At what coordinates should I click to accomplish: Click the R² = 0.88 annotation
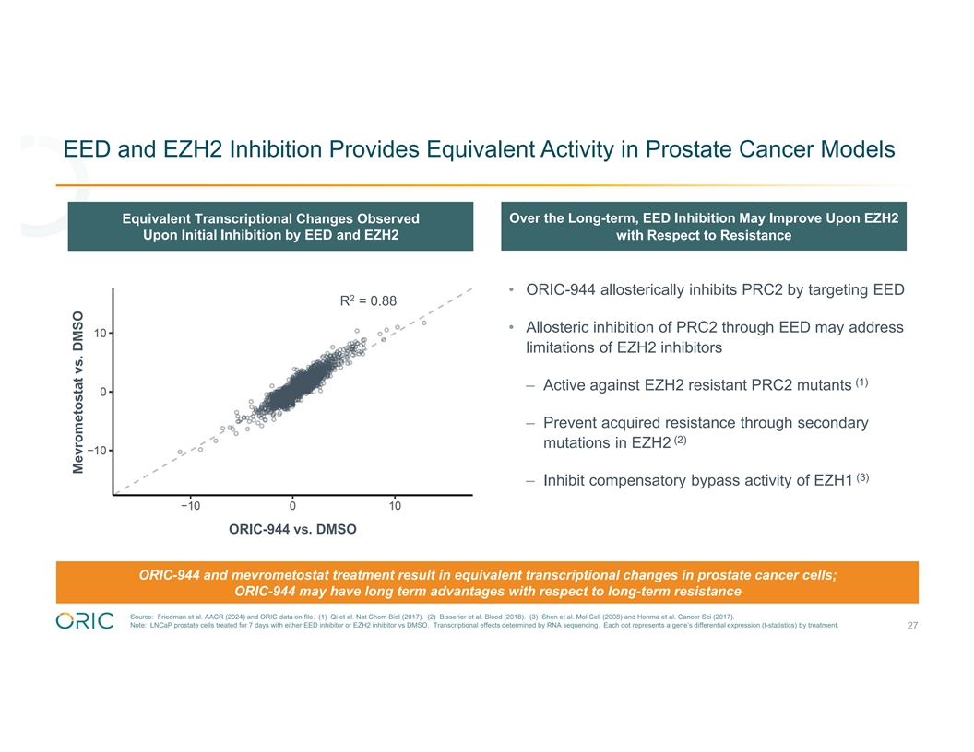pos(368,300)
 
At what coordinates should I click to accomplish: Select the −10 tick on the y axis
pos(97,450)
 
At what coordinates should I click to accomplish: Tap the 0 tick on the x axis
pos(292,505)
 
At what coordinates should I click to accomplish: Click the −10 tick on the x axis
pos(190,505)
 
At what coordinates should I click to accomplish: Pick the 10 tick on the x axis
pos(395,505)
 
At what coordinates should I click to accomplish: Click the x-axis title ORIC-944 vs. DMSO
pos(292,529)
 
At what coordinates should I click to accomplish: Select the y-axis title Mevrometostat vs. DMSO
pos(78,391)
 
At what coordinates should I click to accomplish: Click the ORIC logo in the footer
pos(85,620)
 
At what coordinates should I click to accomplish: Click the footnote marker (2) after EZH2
pos(681,439)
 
